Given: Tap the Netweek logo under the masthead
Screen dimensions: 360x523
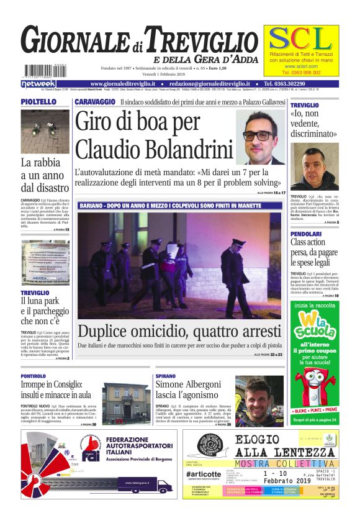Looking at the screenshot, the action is (x=38, y=83).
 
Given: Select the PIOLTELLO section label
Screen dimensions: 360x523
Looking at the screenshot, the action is (x=38, y=102).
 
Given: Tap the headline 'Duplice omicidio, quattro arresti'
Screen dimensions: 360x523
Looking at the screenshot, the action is (x=179, y=330).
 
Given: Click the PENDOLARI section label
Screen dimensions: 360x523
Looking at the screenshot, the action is (x=307, y=234).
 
